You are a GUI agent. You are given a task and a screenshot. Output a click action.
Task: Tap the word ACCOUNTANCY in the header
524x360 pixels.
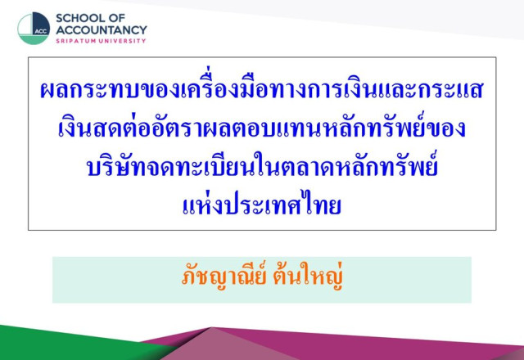click(x=102, y=30)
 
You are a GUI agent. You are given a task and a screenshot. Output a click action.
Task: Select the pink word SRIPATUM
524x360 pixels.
click(x=77, y=41)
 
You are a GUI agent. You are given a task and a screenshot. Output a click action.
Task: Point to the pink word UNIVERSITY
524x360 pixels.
click(x=124, y=41)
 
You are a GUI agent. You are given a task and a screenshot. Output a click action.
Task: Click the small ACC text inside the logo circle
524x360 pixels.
click(x=41, y=31)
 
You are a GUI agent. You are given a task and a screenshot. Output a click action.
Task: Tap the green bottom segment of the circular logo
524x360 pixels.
click(x=33, y=39)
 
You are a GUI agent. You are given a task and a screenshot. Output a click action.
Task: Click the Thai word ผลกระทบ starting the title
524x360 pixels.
click(x=90, y=89)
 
